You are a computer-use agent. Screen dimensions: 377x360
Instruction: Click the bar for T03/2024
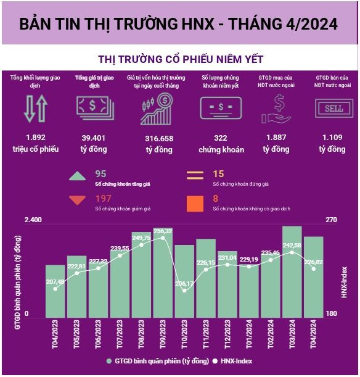(x=292, y=271)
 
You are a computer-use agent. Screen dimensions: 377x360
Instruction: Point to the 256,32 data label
(x=163, y=231)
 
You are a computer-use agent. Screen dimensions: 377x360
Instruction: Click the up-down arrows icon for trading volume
(x=35, y=109)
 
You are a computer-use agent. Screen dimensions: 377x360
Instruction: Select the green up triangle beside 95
(x=77, y=176)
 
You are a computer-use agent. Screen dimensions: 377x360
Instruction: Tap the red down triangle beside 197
(x=77, y=200)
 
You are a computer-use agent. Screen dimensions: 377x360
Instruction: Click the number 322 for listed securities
(x=221, y=138)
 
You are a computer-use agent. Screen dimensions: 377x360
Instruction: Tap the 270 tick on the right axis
(x=331, y=220)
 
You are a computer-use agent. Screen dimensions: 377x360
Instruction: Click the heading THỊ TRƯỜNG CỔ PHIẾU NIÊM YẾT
(x=180, y=59)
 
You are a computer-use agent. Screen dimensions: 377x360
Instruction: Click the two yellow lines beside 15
(x=195, y=176)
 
